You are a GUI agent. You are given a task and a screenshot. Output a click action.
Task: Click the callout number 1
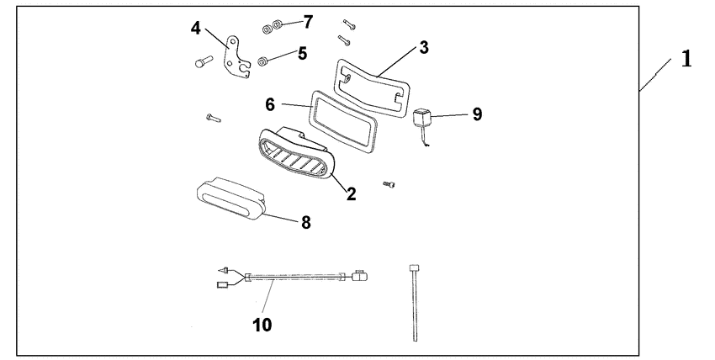click(x=686, y=59)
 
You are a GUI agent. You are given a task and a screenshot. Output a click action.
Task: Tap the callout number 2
click(x=351, y=194)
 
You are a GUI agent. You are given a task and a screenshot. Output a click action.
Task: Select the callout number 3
click(x=424, y=47)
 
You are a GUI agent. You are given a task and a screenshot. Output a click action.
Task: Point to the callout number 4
click(x=196, y=29)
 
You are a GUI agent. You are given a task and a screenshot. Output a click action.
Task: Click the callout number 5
click(x=302, y=54)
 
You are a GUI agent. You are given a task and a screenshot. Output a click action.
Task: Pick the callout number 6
click(x=270, y=105)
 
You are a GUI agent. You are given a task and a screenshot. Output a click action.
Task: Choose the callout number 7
click(x=308, y=22)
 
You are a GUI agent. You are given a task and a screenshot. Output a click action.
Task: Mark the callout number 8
click(x=305, y=223)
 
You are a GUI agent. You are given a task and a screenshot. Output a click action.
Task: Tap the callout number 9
click(x=477, y=114)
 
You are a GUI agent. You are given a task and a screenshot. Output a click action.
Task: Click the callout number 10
click(x=262, y=325)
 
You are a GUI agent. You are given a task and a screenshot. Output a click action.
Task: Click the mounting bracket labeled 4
click(x=236, y=57)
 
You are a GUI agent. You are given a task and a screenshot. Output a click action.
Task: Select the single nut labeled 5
click(x=262, y=61)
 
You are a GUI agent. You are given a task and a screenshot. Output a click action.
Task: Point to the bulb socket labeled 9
click(x=421, y=118)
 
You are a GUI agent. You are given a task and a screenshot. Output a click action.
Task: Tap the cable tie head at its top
click(x=415, y=268)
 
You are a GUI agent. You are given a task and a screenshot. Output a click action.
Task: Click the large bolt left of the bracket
click(x=204, y=61)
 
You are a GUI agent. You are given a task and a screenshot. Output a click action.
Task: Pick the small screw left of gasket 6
click(x=213, y=118)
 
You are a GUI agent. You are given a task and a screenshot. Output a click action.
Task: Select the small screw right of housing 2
click(x=389, y=184)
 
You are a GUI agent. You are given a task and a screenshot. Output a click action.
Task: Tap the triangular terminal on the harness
click(x=223, y=270)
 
